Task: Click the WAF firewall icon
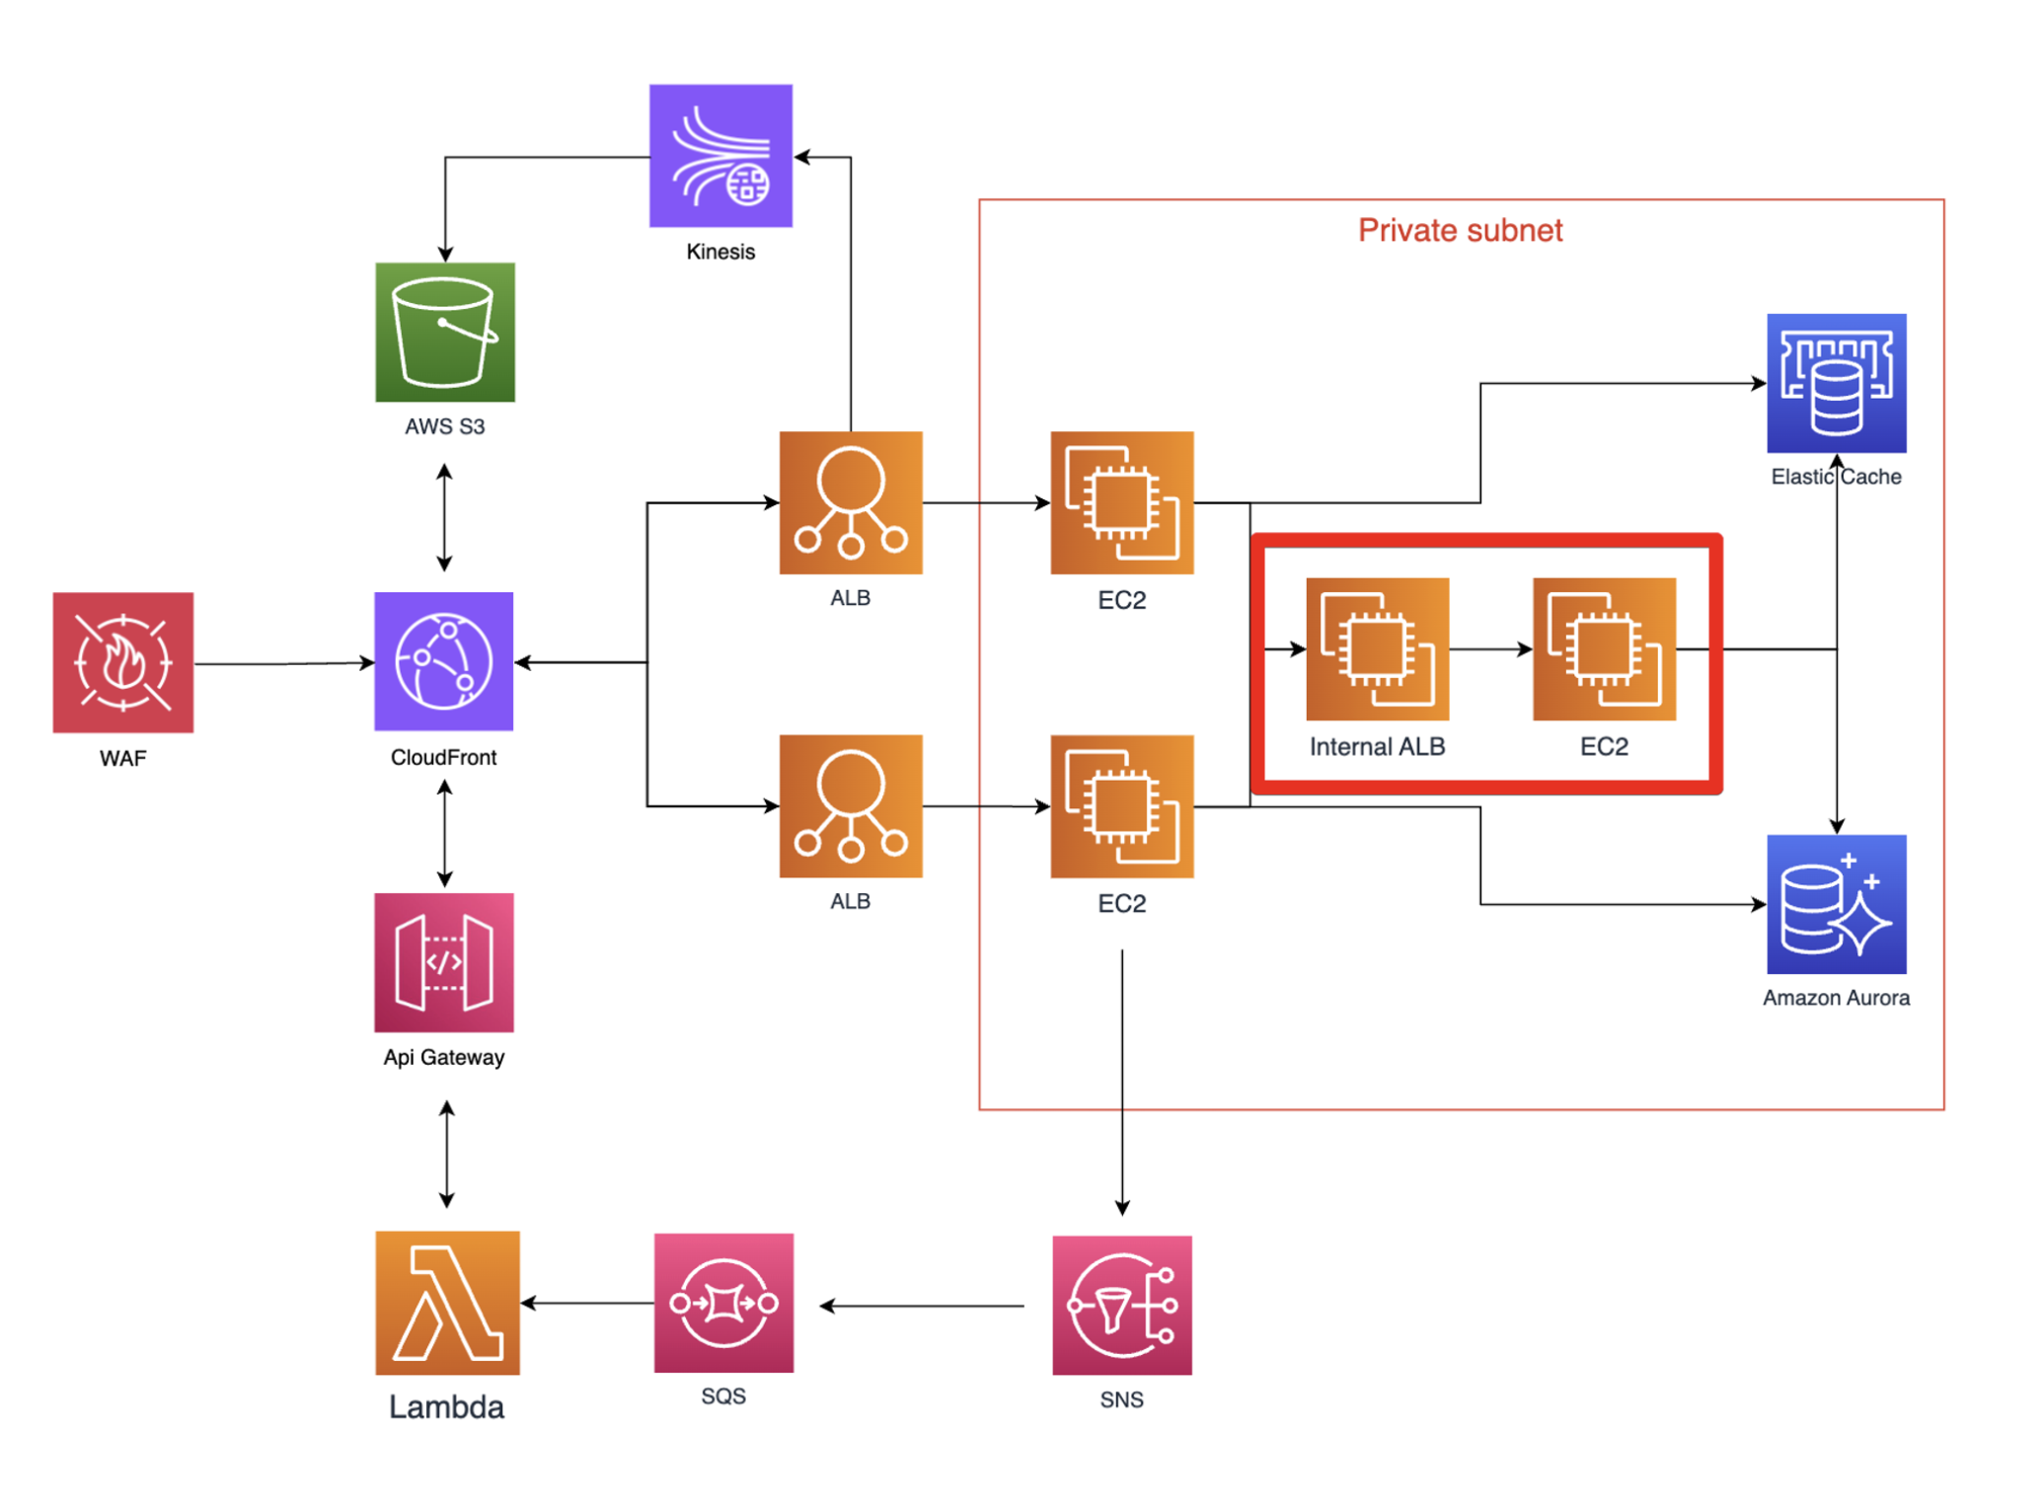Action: (123, 662)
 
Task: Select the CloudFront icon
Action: (444, 661)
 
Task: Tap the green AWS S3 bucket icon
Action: (445, 333)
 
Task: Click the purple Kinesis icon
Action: (720, 156)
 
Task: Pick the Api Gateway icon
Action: (444, 963)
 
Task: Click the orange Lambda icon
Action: (448, 1303)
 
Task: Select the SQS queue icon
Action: (723, 1303)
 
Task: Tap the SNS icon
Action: (1122, 1306)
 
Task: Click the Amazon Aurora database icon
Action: (1837, 905)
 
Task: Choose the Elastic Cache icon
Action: (1837, 383)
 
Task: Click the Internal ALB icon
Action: (1378, 649)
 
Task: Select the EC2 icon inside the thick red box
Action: (1605, 649)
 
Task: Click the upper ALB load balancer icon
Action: (851, 503)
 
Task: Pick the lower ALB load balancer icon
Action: (851, 806)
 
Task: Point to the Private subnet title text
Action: (1461, 230)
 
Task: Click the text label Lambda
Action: (446, 1407)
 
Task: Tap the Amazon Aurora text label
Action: (1837, 998)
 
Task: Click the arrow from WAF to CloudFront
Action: (284, 663)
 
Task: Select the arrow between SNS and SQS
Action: (923, 1306)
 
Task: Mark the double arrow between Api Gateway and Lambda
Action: (447, 1155)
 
